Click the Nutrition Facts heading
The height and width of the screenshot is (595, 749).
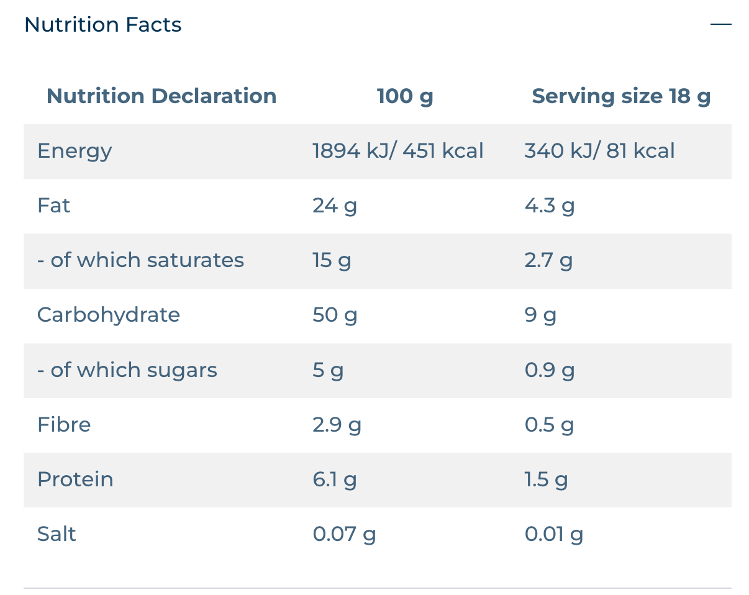(103, 25)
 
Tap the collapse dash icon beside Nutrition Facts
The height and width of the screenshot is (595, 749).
(721, 24)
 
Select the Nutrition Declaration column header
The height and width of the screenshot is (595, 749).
(161, 96)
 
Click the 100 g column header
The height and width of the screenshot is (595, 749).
(405, 96)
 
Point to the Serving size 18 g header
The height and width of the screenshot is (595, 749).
(621, 96)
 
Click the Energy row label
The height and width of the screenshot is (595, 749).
(75, 152)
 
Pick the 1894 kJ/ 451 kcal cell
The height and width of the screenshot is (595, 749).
(398, 150)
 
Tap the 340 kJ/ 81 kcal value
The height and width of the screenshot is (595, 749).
(599, 150)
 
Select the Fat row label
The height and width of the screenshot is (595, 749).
(53, 205)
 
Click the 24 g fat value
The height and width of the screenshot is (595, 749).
(335, 206)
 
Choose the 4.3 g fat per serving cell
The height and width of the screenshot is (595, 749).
(550, 206)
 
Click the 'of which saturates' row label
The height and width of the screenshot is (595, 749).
(140, 260)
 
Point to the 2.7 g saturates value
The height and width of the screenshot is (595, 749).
(548, 261)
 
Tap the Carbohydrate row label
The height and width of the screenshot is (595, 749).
(109, 316)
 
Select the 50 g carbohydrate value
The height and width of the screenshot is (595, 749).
(335, 316)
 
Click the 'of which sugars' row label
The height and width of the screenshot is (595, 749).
(127, 370)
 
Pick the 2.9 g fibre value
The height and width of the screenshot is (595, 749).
(337, 425)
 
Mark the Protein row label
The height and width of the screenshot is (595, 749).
(76, 479)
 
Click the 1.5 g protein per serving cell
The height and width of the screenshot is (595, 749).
(546, 480)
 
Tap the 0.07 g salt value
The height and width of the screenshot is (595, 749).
(344, 535)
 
